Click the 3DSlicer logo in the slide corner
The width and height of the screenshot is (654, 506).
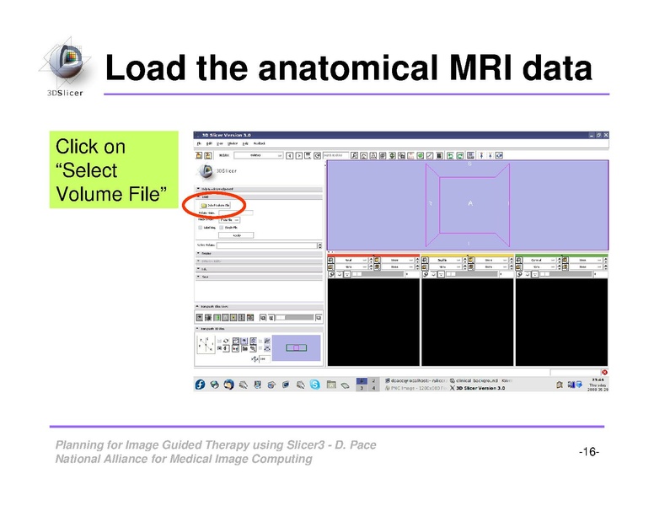coord(62,67)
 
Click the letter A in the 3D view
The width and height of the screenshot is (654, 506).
coord(470,204)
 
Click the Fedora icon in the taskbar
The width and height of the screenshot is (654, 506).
coord(201,384)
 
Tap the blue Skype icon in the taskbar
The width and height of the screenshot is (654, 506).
coord(314,384)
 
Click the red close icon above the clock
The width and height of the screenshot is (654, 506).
coord(604,372)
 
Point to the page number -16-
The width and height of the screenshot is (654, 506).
coord(588,453)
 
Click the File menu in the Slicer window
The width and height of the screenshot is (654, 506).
coord(199,144)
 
